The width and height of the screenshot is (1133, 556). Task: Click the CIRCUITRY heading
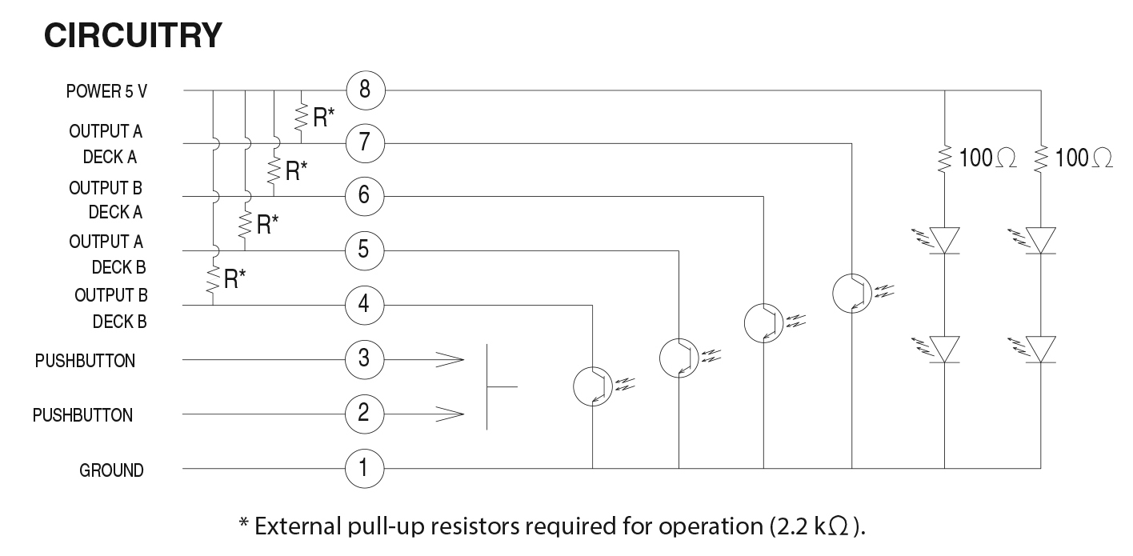(133, 35)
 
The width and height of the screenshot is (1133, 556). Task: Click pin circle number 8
(365, 90)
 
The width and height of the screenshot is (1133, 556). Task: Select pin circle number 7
(365, 144)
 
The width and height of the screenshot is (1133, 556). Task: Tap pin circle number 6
(365, 196)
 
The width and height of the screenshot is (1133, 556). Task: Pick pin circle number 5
(365, 250)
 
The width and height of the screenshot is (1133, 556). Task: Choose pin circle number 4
(365, 305)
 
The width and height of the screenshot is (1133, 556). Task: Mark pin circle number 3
(365, 359)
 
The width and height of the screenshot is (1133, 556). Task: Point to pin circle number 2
(365, 414)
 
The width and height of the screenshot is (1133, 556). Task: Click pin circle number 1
(365, 467)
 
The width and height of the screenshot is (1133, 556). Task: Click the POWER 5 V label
(106, 91)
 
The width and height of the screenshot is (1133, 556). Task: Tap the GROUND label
(111, 470)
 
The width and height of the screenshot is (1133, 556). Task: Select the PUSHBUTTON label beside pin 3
(85, 361)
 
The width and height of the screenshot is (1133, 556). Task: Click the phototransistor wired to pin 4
(593, 386)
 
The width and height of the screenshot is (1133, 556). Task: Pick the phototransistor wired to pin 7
(852, 293)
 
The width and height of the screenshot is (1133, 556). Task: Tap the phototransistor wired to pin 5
(679, 357)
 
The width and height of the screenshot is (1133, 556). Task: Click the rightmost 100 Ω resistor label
(1083, 158)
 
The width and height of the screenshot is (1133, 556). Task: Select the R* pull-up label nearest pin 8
(322, 117)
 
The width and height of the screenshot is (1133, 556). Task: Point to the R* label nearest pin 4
(234, 279)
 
